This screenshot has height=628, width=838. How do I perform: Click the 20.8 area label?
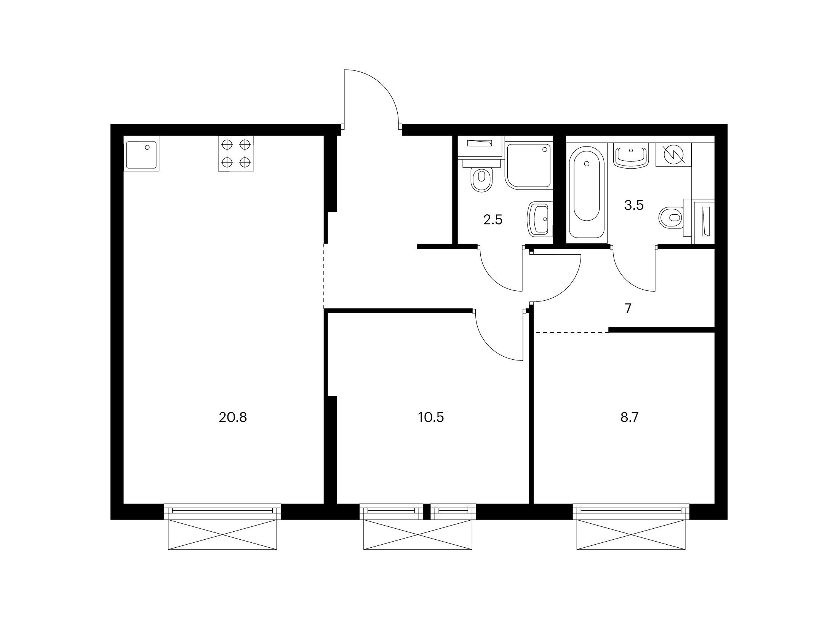[233, 418]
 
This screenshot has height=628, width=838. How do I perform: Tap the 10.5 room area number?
[431, 418]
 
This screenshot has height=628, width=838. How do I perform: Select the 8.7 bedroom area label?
[629, 418]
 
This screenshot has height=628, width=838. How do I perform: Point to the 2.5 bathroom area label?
[493, 220]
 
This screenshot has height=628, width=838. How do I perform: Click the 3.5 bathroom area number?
[634, 206]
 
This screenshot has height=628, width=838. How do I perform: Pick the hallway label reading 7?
[628, 309]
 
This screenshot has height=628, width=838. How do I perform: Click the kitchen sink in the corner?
[141, 155]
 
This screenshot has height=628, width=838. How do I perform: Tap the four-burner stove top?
[236, 154]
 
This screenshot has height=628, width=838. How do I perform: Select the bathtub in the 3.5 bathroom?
[587, 194]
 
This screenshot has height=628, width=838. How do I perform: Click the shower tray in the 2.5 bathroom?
[528, 166]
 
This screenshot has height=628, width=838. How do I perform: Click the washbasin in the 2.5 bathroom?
[538, 220]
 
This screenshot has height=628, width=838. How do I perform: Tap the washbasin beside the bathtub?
[631, 155]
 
